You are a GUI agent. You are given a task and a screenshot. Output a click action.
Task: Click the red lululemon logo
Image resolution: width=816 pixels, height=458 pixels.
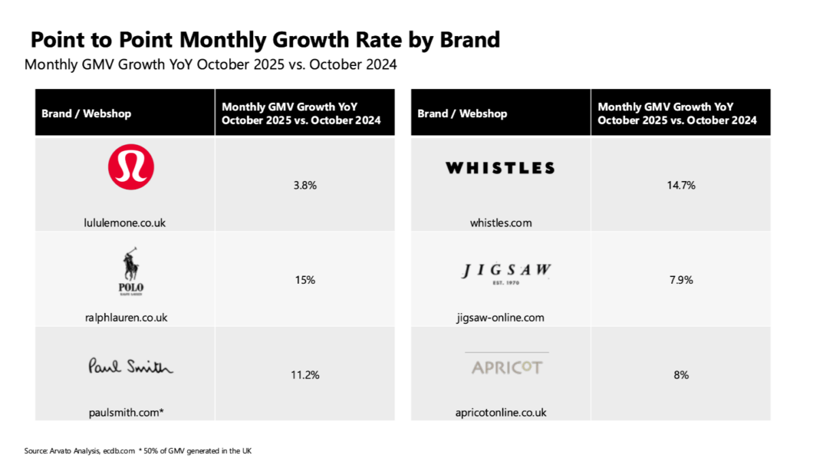[x=131, y=167]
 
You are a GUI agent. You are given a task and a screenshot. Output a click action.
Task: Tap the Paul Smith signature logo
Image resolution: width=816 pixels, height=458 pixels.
[x=131, y=367]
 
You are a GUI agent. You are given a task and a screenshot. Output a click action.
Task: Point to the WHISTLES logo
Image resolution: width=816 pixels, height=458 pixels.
[x=500, y=168]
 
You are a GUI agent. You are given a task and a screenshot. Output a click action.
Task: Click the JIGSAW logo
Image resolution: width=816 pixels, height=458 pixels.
[x=507, y=272]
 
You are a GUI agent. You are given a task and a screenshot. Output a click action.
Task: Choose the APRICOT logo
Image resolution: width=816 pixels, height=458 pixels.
[x=507, y=367]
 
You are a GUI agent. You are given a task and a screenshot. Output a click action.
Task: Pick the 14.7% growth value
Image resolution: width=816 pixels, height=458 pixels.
[x=680, y=184]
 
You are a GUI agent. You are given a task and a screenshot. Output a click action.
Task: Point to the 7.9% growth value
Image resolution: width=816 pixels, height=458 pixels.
[x=680, y=280]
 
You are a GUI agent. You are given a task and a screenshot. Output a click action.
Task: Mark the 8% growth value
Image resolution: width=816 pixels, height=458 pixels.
[x=680, y=374]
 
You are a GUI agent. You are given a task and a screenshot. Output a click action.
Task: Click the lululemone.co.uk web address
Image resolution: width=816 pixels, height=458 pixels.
[x=125, y=223]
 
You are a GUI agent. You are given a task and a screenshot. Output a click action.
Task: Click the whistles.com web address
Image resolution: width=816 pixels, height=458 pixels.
[x=500, y=223]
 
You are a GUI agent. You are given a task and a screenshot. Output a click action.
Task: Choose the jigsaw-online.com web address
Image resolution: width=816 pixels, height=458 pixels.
[x=500, y=317]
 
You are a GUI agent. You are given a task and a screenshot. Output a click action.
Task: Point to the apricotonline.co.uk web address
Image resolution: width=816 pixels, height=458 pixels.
[x=500, y=412]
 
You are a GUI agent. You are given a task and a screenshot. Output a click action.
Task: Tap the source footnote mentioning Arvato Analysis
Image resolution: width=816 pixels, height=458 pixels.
[x=139, y=451]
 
